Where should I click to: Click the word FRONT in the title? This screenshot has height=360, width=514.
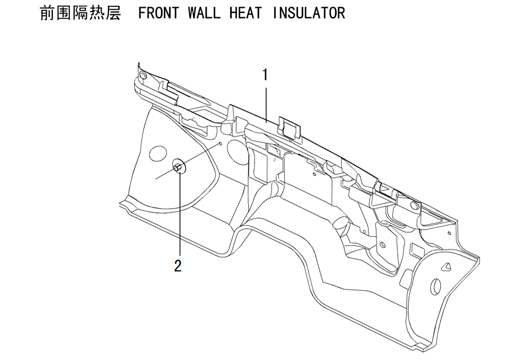[159, 13]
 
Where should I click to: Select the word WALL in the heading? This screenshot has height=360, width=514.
[204, 13]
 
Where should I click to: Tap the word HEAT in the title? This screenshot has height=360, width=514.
[246, 13]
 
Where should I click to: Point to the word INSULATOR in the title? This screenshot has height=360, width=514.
[309, 13]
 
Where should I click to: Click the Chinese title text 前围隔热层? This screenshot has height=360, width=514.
[80, 13]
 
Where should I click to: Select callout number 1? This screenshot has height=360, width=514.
[265, 75]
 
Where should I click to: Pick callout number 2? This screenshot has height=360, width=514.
[178, 266]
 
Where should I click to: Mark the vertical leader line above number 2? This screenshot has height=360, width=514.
[180, 212]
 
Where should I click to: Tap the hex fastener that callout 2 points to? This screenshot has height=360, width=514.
[177, 168]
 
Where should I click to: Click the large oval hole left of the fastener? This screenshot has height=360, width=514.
[158, 153]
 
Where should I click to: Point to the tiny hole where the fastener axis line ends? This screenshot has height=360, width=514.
[221, 143]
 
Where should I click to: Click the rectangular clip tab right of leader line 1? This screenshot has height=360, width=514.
[290, 128]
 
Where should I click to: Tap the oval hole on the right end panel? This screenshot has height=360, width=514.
[435, 287]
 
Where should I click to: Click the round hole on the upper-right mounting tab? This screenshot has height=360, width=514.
[414, 206]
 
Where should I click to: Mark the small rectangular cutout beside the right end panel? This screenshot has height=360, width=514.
[417, 250]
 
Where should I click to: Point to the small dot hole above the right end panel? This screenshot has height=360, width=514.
[449, 233]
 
